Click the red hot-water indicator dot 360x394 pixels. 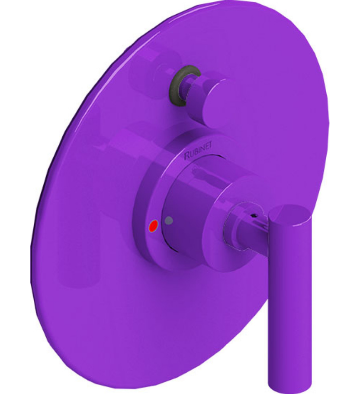[152, 226]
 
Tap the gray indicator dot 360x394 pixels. [169, 220]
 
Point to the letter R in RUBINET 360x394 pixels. [187, 155]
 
